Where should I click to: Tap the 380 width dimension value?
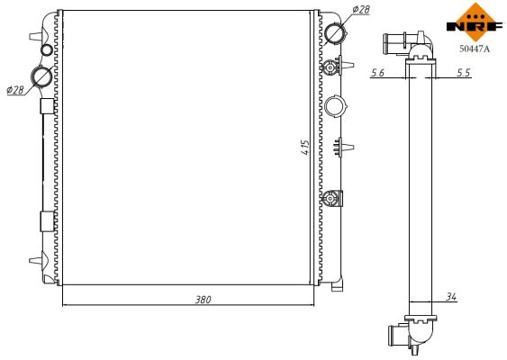click(204, 300)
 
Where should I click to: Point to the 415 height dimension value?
click(307, 149)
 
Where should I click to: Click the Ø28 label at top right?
click(360, 9)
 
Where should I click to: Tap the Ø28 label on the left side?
click(14, 90)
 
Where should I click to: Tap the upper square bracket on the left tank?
click(47, 106)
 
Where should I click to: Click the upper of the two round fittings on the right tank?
click(332, 67)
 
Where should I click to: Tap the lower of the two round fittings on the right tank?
click(332, 198)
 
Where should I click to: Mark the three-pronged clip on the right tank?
click(340, 145)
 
